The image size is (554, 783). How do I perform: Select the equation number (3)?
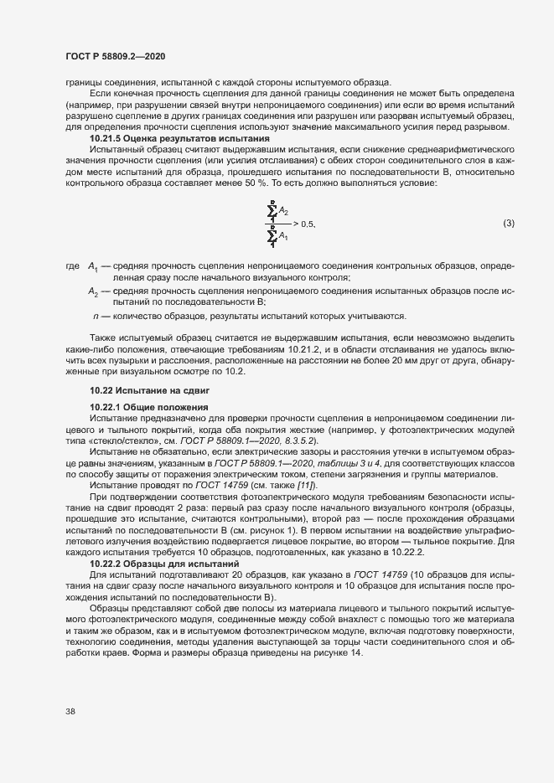[x=508, y=224]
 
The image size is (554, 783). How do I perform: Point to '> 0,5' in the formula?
[x=303, y=224]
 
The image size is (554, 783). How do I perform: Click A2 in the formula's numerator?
[x=284, y=211]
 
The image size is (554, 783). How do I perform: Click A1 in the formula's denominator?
[x=284, y=238]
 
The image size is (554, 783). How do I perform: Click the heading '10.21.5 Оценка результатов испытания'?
[x=179, y=137]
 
